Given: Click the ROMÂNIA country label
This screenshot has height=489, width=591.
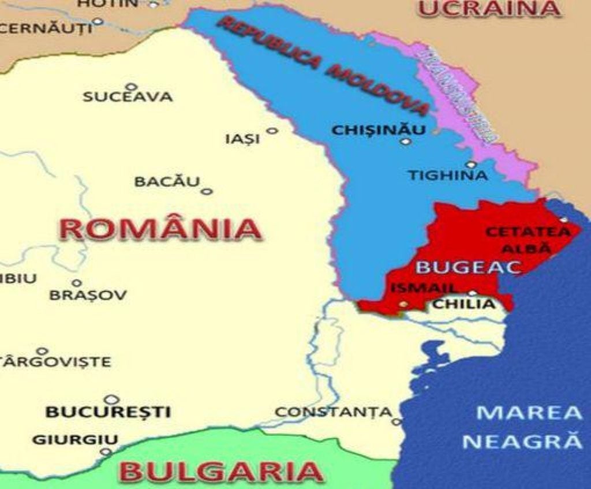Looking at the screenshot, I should [x=160, y=229].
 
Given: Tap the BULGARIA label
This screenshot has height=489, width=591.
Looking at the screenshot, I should [x=221, y=471].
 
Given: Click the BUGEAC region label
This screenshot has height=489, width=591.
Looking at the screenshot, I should [x=469, y=267].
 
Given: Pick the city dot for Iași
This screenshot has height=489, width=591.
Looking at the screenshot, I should [x=272, y=131].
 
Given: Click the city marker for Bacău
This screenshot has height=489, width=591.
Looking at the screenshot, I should [x=207, y=191].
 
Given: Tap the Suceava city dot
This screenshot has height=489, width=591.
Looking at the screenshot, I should [x=131, y=87].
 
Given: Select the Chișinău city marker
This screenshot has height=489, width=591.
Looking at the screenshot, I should [x=406, y=141].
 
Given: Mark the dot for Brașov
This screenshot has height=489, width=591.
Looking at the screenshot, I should [x=76, y=283].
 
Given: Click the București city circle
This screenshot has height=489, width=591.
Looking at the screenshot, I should [x=111, y=399].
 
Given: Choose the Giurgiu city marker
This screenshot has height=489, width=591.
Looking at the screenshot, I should [x=106, y=451].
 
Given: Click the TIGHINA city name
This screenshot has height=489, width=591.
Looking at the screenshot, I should [x=448, y=176].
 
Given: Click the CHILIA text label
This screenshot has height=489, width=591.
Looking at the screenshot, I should [x=464, y=304].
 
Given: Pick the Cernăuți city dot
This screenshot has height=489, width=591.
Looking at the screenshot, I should [x=98, y=21].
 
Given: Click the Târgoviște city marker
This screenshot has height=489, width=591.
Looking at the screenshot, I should [x=42, y=350].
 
